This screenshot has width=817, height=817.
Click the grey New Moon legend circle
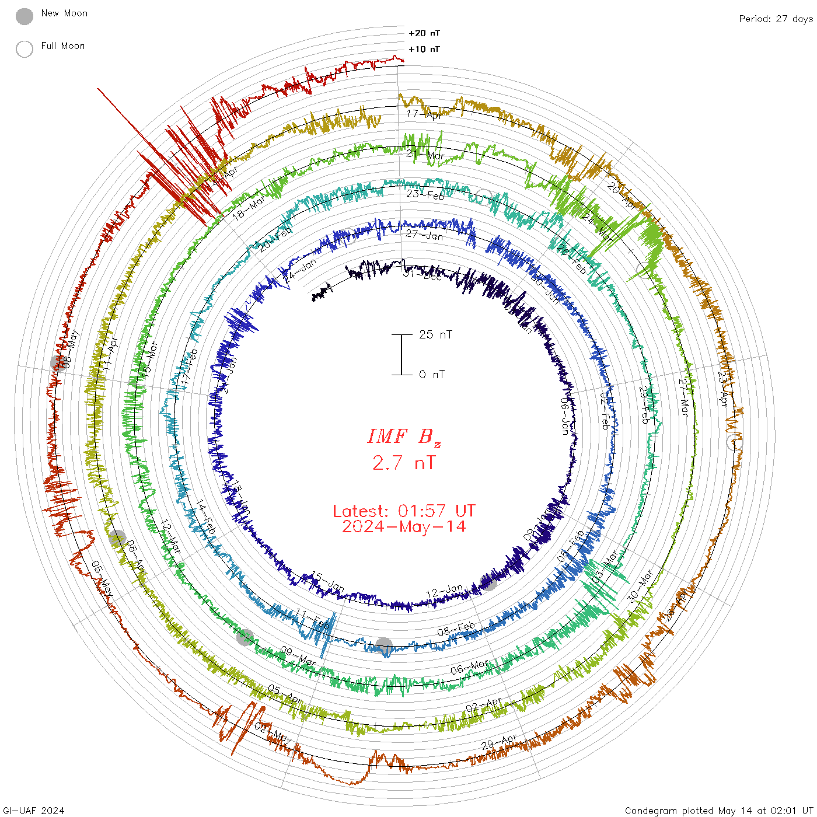tap(25, 16)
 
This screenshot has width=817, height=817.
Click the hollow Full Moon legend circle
tap(25, 49)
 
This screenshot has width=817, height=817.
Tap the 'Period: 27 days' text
tap(776, 19)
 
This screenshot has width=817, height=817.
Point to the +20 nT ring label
tap(424, 33)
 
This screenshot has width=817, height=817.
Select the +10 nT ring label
tap(424, 49)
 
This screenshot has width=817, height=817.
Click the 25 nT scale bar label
tap(435, 334)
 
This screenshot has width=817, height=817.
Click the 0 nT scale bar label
tap(432, 375)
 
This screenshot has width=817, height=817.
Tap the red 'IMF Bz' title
tap(404, 437)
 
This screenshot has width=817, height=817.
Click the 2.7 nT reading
tap(404, 463)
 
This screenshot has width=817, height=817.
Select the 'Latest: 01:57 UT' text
tap(404, 511)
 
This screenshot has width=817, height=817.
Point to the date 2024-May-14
tap(404, 526)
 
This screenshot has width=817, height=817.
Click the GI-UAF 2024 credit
tap(33, 811)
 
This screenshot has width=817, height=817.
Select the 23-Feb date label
tap(425, 194)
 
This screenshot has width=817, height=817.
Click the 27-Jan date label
tap(424, 235)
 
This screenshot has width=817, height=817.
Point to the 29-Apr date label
tap(500, 742)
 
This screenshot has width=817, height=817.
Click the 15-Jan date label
tap(327, 581)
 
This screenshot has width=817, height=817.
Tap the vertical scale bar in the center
tap(401, 355)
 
